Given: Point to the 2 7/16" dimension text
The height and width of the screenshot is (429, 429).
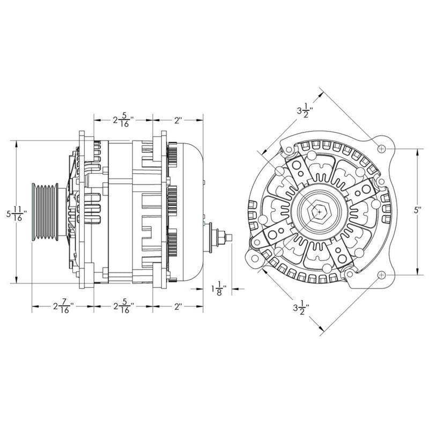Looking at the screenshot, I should click(x=63, y=308).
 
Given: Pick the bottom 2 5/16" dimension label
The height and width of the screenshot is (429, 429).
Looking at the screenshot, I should click(x=123, y=308).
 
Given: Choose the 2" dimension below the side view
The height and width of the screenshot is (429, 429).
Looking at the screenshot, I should click(x=178, y=308).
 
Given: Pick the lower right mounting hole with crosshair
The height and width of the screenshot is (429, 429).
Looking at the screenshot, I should click(x=381, y=275).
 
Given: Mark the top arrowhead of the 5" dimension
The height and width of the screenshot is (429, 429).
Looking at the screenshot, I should click(x=417, y=151).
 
